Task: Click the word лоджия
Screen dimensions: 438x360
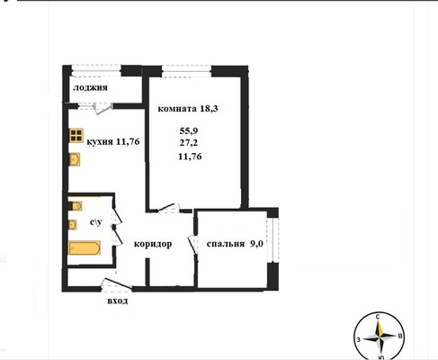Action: point(90,88)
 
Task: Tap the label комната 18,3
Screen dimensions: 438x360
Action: point(188,109)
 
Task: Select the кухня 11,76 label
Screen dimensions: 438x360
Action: point(113,141)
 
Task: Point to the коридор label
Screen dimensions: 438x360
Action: point(153,244)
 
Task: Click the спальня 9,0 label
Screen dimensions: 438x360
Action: point(235,244)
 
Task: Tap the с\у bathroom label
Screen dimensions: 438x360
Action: point(96,222)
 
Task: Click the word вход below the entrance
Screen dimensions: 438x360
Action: point(118,301)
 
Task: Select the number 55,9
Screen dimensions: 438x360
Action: point(189,130)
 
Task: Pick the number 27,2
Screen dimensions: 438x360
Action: point(189,143)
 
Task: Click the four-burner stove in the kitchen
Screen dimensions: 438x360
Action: point(76,135)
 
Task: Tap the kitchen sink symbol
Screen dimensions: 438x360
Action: point(75,159)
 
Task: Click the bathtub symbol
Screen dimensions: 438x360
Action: point(85,247)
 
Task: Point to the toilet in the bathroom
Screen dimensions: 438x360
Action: point(76,206)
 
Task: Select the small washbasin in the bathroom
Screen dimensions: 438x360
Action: point(73,224)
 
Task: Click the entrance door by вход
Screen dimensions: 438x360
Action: point(117,283)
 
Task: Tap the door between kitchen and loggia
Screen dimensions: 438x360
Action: point(102,109)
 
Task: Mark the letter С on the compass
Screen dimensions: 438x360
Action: point(378,317)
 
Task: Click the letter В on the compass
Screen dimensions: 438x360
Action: point(400,337)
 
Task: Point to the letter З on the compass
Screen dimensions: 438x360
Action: point(358,339)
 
